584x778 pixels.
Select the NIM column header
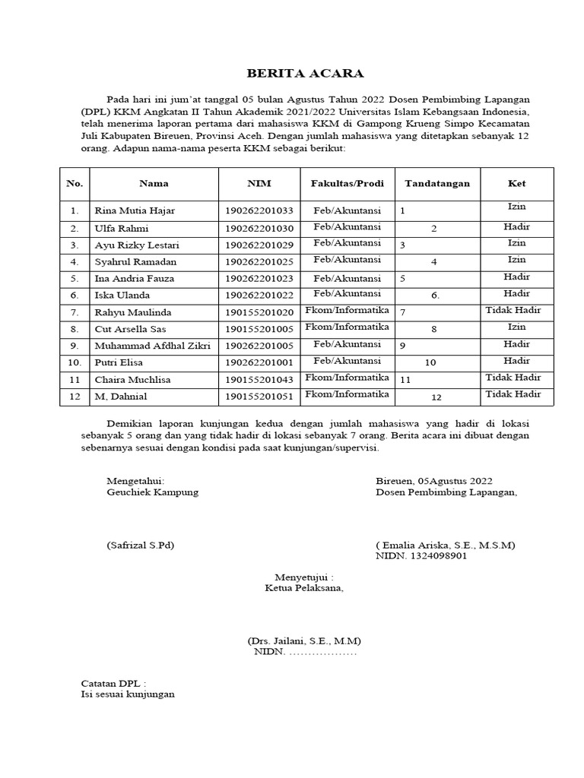pyautogui.click(x=259, y=183)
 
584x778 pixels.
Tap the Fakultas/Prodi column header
pyautogui.click(x=347, y=183)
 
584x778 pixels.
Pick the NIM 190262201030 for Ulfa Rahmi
pyautogui.click(x=259, y=228)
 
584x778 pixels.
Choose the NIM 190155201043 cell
pyautogui.click(x=259, y=379)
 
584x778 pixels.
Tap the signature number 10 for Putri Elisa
pyautogui.click(x=430, y=362)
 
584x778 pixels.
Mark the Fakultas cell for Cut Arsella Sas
pyautogui.click(x=347, y=327)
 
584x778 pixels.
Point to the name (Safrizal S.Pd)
pyautogui.click(x=141, y=545)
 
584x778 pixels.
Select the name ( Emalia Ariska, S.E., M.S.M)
pyautogui.click(x=446, y=545)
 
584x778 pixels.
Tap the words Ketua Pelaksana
pyautogui.click(x=304, y=587)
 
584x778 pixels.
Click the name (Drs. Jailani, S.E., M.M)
pyautogui.click(x=304, y=640)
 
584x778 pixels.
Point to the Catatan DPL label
pyautogui.click(x=113, y=683)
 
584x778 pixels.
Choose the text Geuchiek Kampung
pyautogui.click(x=153, y=492)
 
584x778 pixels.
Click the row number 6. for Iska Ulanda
pyautogui.click(x=75, y=295)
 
